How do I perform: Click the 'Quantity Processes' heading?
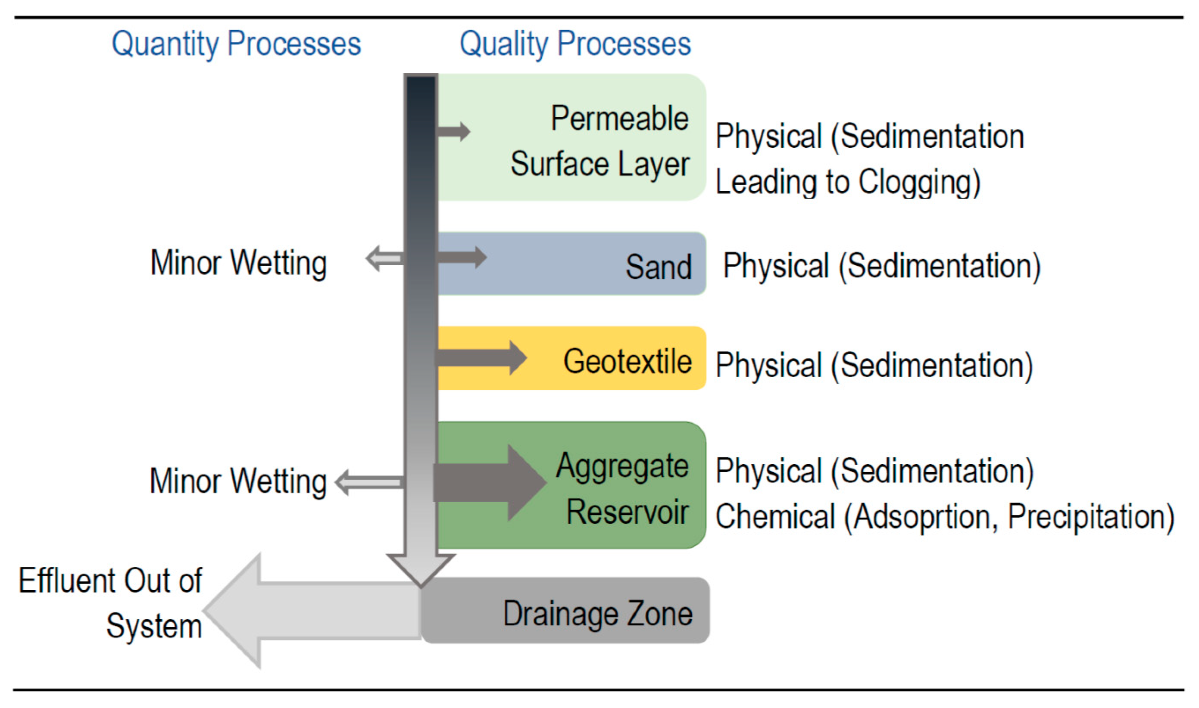[x=236, y=44]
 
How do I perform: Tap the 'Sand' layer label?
[x=658, y=267]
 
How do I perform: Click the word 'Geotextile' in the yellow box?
[x=627, y=361]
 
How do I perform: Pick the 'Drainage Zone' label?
[x=598, y=614]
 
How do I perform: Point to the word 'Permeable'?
[x=620, y=118]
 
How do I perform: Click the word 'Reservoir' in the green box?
[x=627, y=512]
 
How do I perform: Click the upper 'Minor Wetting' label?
[x=239, y=263]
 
